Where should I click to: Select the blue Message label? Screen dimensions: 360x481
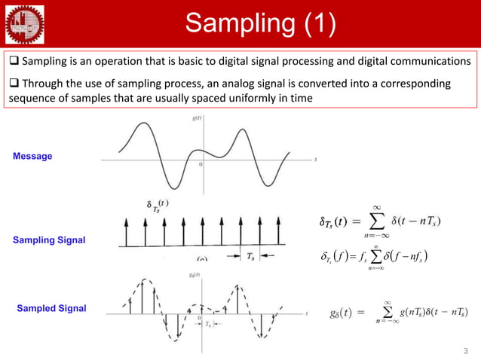[x=32, y=156]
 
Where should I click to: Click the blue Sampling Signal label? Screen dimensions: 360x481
[x=49, y=239]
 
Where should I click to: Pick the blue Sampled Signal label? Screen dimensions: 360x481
[x=51, y=309]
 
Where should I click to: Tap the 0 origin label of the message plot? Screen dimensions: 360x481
[x=201, y=164]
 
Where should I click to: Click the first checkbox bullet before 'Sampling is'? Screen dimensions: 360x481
[x=14, y=60]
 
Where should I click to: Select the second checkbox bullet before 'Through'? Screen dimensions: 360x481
[x=14, y=83]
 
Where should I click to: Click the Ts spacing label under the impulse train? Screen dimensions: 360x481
[x=250, y=256]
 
